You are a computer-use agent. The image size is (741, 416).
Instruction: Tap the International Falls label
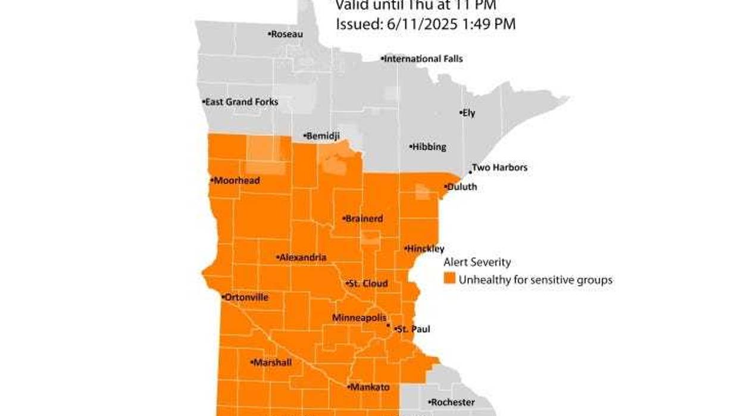(x=423, y=59)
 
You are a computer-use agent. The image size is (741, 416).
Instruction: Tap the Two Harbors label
(x=499, y=168)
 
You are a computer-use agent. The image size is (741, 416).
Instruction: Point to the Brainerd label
(x=364, y=218)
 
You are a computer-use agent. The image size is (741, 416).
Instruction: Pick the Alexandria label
(x=302, y=258)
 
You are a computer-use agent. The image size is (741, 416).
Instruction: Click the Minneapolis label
(x=359, y=318)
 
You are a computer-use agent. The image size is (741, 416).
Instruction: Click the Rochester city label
(x=452, y=402)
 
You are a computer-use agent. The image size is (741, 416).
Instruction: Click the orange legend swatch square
(x=450, y=279)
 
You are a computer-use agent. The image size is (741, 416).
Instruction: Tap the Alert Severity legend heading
(x=477, y=262)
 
